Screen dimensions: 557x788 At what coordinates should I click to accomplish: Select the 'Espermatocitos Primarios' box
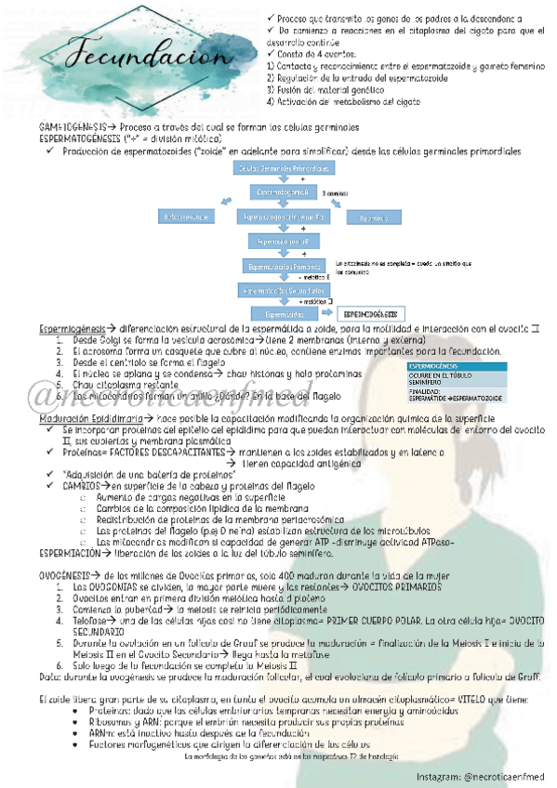point(284,266)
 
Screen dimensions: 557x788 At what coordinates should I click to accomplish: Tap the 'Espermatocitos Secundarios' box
point(284,290)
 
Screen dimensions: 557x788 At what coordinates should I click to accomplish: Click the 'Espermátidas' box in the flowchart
point(279,314)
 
